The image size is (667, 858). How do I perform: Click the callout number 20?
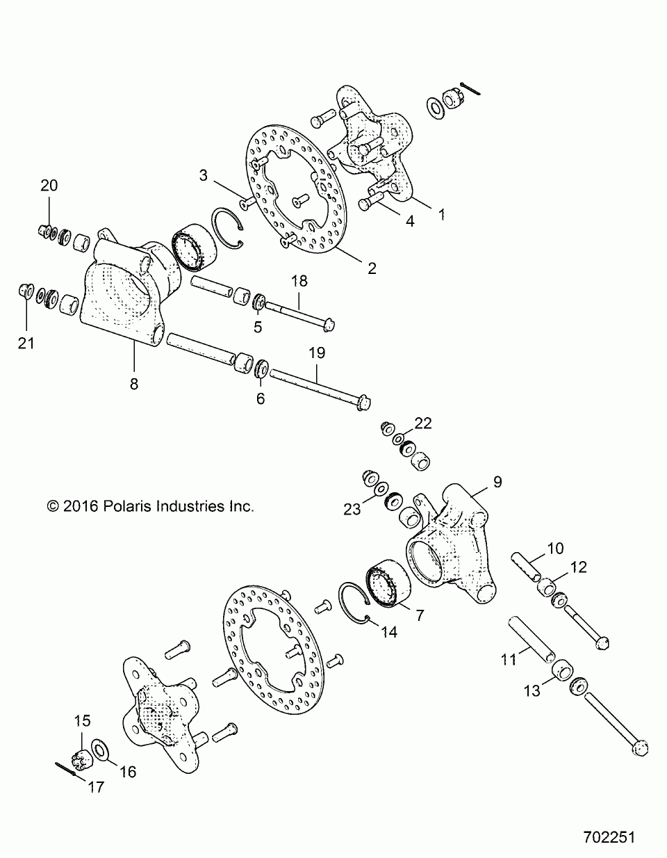coord(49,186)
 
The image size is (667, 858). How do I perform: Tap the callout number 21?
coord(26,343)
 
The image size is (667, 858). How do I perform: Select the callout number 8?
coord(134,382)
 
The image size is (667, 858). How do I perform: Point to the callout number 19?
coord(317,353)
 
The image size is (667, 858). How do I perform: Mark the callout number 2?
coord(372,268)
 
